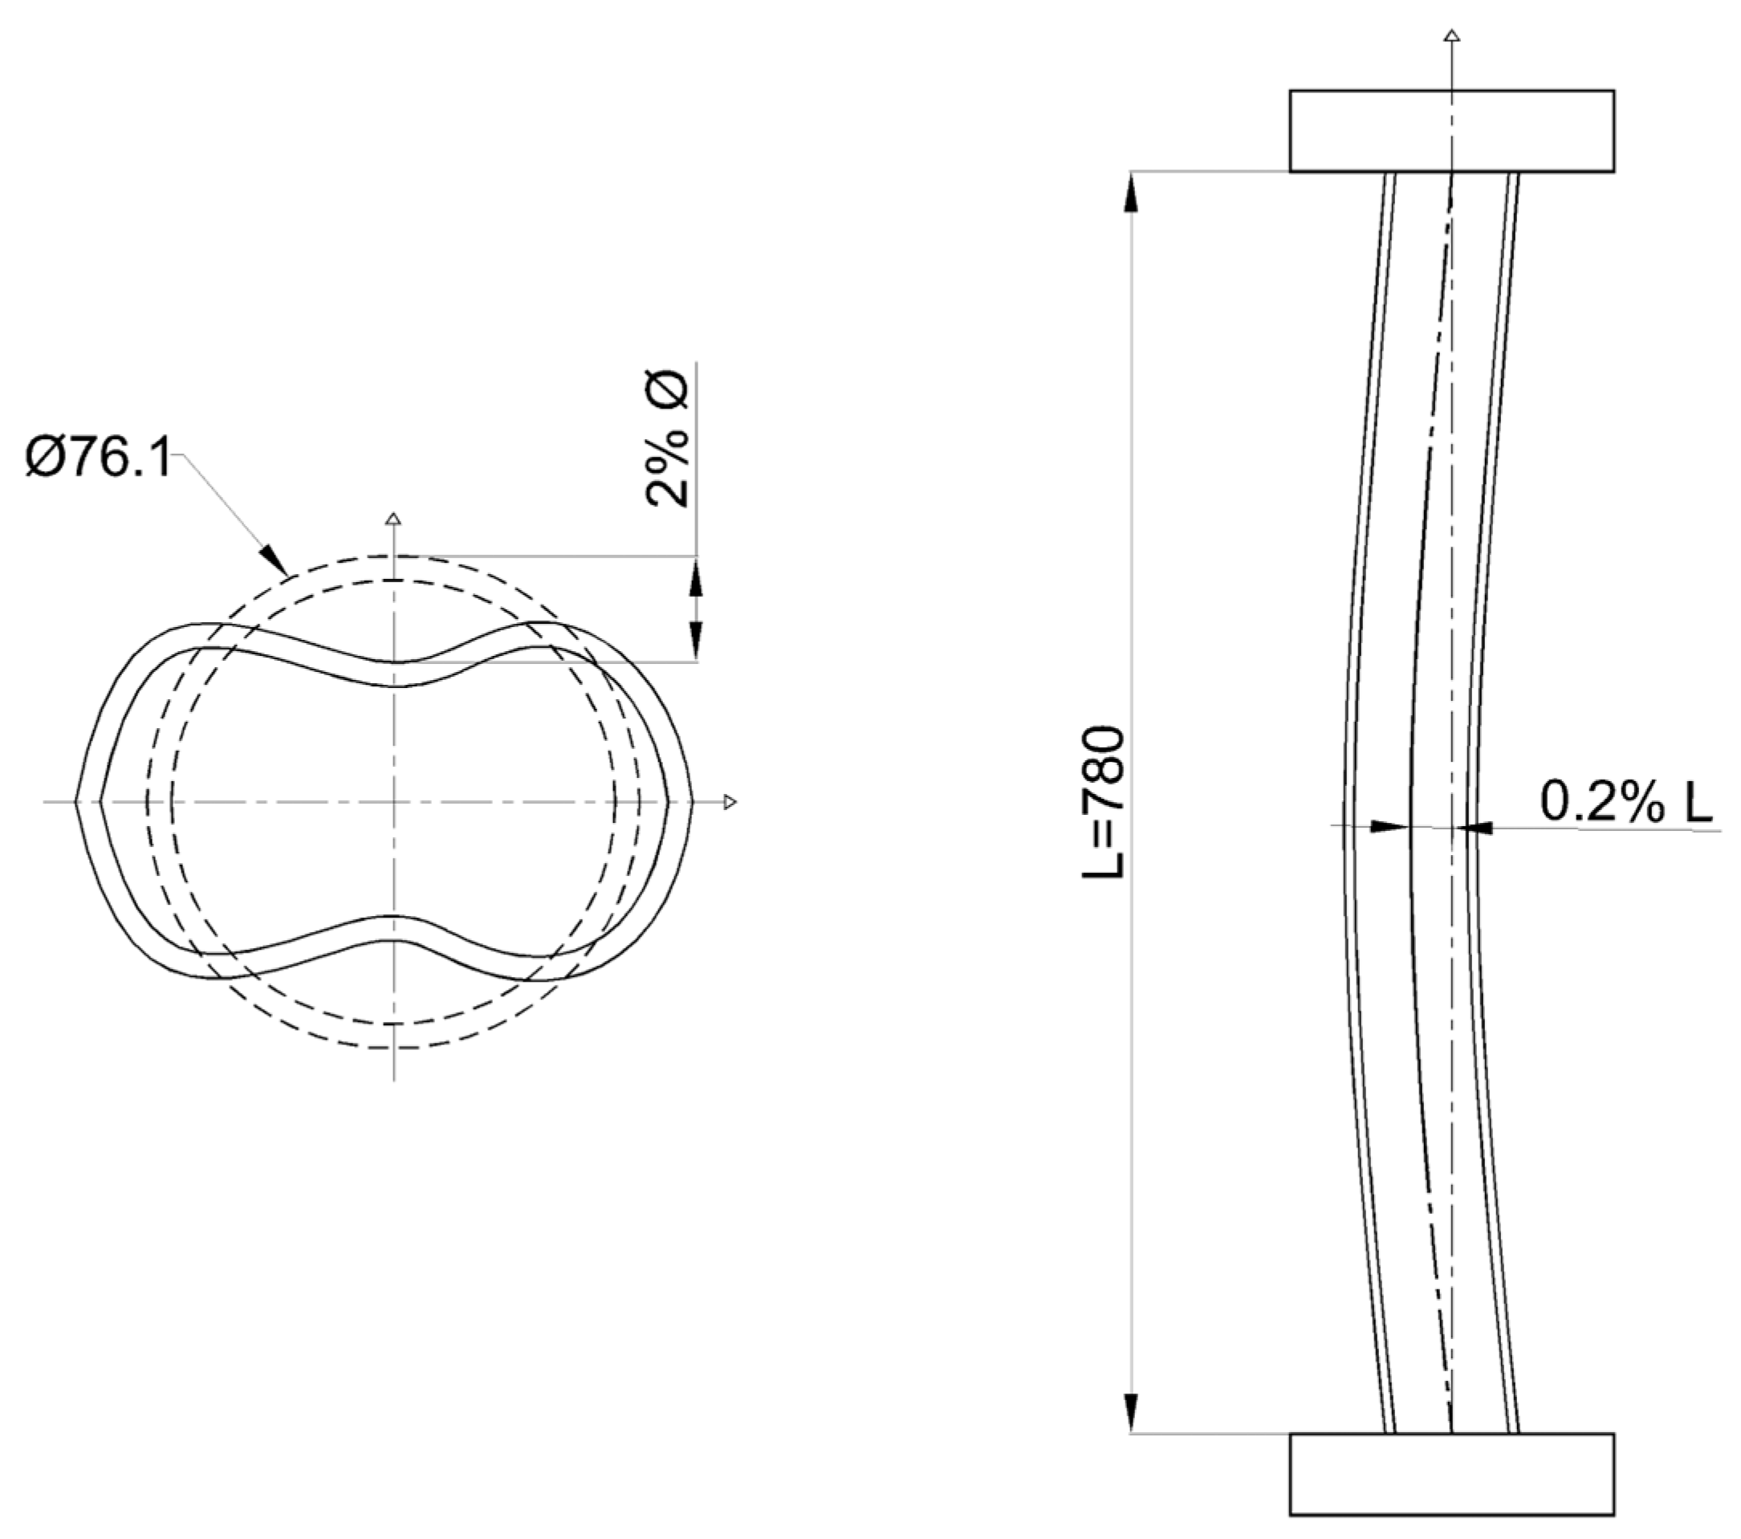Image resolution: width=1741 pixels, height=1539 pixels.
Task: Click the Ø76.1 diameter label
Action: pyautogui.click(x=98, y=458)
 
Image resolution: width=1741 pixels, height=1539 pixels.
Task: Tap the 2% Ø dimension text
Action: pyautogui.click(x=668, y=440)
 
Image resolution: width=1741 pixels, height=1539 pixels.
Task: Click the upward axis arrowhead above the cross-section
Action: pyautogui.click(x=393, y=519)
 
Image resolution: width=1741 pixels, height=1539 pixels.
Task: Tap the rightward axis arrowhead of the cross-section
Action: pyautogui.click(x=729, y=801)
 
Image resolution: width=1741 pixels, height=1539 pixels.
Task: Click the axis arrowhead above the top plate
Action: pyautogui.click(x=1453, y=36)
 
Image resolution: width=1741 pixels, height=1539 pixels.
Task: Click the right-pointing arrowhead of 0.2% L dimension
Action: pyautogui.click(x=1389, y=826)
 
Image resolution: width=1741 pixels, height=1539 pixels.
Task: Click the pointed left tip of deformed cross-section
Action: pyautogui.click(x=78, y=801)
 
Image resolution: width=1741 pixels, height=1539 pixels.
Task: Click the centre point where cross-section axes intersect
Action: pyautogui.click(x=393, y=801)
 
